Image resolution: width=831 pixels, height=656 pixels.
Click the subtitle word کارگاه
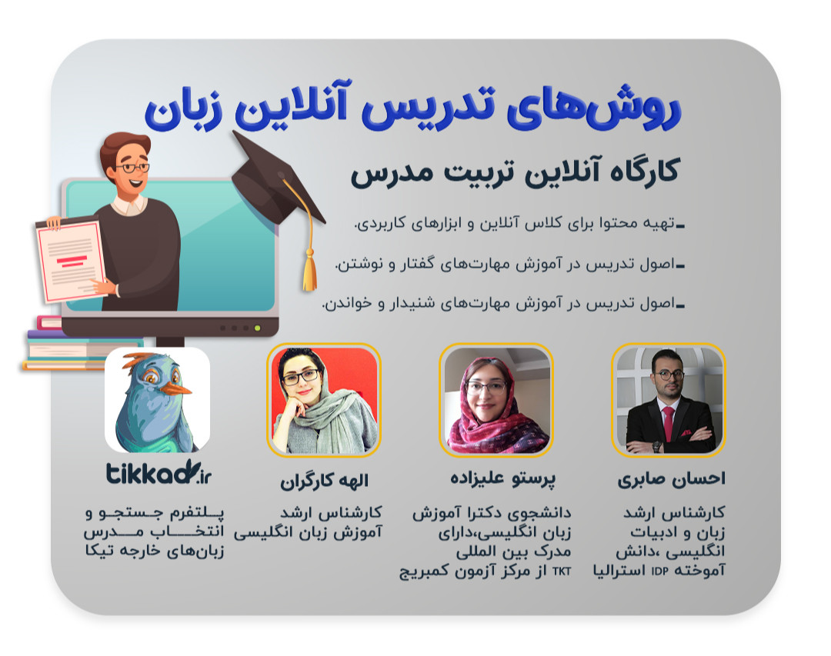click(636, 170)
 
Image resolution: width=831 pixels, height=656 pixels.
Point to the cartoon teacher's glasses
click(134, 168)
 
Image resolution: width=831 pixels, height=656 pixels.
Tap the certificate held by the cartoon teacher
click(72, 258)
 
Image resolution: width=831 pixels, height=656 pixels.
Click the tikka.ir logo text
click(158, 474)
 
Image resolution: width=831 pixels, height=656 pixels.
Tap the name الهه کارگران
click(324, 481)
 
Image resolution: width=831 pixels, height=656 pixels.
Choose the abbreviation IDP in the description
click(659, 571)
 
